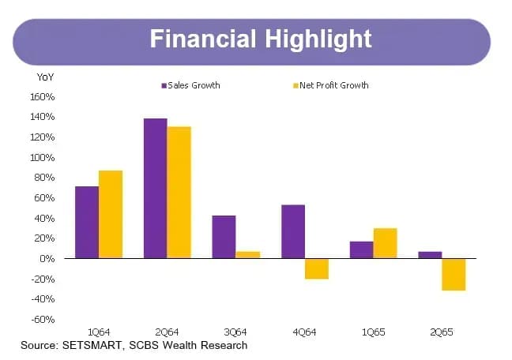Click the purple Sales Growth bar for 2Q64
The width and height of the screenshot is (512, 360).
[x=156, y=189]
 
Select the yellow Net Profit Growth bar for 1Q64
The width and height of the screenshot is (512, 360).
[x=111, y=215]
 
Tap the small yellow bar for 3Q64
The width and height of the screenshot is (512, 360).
[x=248, y=255]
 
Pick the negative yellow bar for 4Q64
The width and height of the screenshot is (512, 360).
[x=317, y=269]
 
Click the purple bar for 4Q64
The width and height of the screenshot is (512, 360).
[x=293, y=231]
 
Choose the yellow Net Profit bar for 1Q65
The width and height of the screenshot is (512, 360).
[x=386, y=243]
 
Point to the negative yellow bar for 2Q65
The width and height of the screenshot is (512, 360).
[x=454, y=275]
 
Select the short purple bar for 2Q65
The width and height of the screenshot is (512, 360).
[x=430, y=255]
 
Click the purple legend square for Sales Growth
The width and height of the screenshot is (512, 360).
[x=164, y=86]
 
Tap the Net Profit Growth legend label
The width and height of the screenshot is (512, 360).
[x=334, y=85]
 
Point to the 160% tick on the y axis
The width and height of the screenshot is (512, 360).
[x=43, y=97]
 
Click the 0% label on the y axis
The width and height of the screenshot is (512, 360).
[x=47, y=259]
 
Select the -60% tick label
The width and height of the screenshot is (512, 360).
[x=43, y=319]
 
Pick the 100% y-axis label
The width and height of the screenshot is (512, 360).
[x=43, y=158]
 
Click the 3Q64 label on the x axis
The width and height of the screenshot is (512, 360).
[x=235, y=332]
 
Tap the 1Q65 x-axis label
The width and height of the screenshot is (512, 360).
[x=373, y=332]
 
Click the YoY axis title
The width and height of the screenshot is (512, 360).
[x=45, y=77]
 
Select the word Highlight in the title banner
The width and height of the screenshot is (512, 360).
[x=318, y=39]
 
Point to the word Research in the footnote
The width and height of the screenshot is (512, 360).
[x=224, y=345]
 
